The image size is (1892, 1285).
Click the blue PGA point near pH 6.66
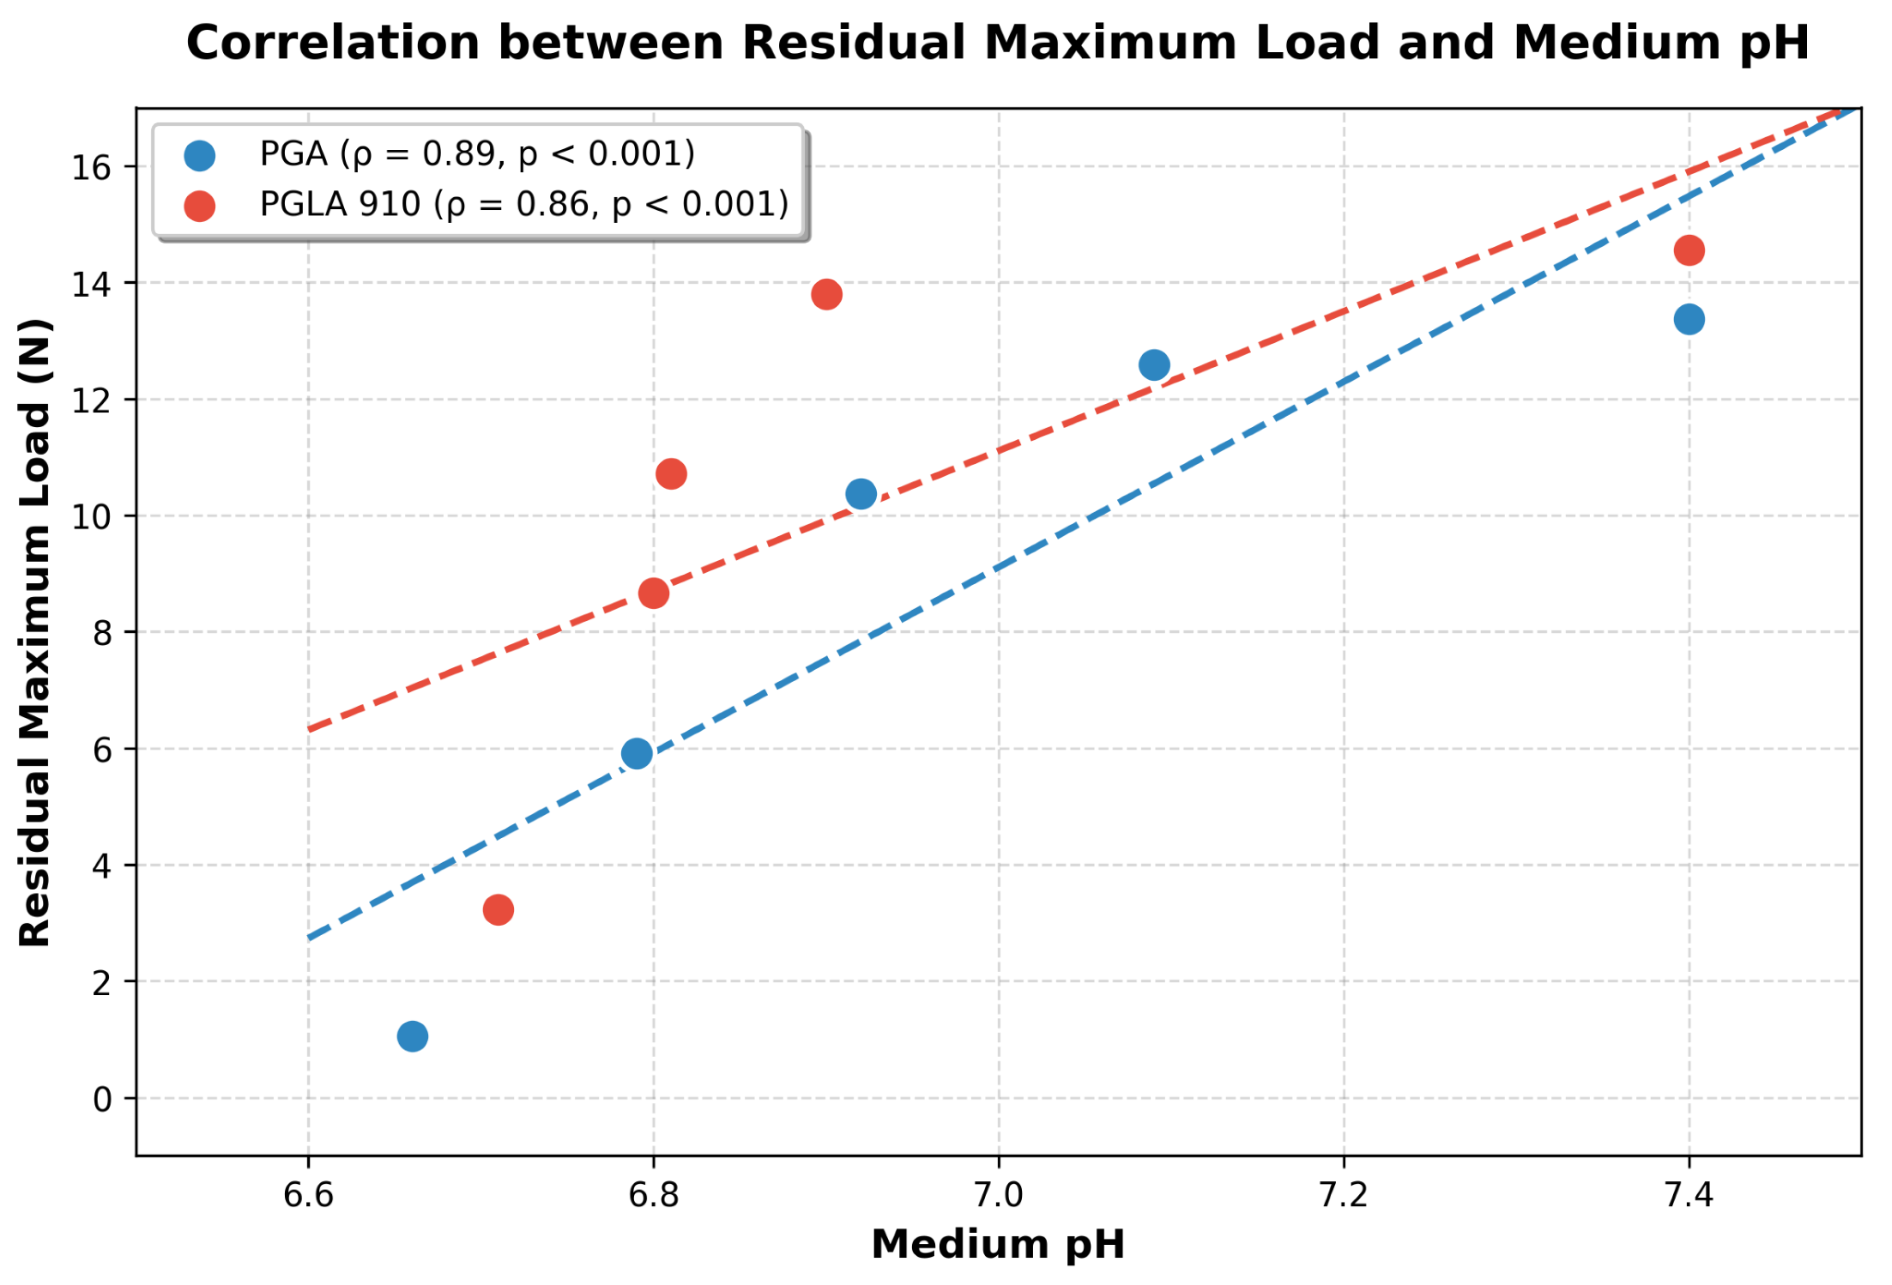(x=413, y=1037)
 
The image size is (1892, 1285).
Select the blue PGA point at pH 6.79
(x=637, y=754)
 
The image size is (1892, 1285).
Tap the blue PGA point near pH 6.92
(x=860, y=494)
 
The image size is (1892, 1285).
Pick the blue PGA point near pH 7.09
(x=1154, y=365)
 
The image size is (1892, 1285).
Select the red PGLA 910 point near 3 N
(x=498, y=909)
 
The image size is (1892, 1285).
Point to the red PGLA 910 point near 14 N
(x=826, y=295)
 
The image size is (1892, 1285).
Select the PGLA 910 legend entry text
(x=524, y=204)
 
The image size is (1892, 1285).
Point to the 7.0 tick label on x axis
(x=998, y=1195)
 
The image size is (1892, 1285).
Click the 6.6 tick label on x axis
(x=308, y=1195)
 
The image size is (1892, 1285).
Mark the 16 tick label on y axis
(x=91, y=168)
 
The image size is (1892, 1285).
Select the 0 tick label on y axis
(x=102, y=1099)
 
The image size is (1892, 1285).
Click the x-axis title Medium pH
(x=998, y=1245)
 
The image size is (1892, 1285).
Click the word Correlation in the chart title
(x=333, y=43)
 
